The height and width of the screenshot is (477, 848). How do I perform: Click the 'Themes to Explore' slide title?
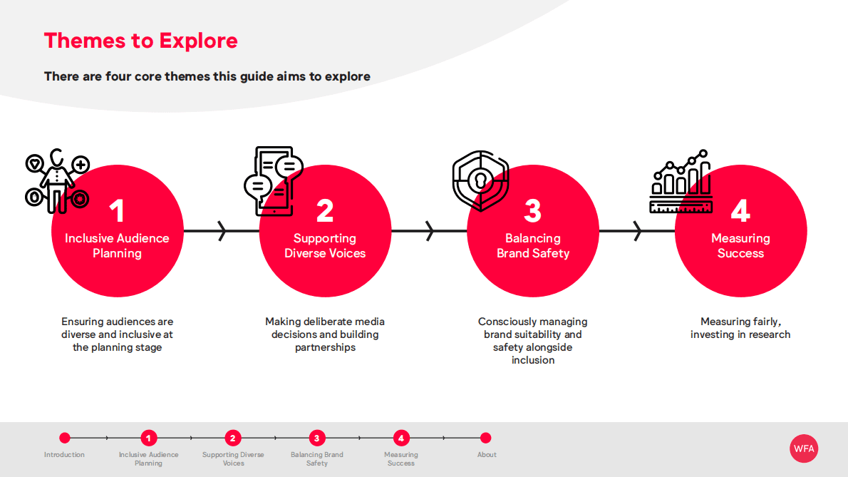pyautogui.click(x=140, y=41)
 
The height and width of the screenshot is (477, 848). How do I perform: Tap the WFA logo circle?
pyautogui.click(x=804, y=448)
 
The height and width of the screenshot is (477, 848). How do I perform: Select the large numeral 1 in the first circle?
pyautogui.click(x=117, y=211)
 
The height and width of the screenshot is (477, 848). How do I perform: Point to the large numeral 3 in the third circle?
pyautogui.click(x=533, y=211)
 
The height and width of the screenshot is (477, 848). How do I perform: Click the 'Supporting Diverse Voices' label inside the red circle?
pyautogui.click(x=325, y=245)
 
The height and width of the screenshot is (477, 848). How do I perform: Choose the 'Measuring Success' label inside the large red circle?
pyautogui.click(x=740, y=245)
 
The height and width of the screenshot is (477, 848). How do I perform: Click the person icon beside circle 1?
pyautogui.click(x=57, y=180)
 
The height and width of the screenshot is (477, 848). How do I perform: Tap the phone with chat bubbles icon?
pyautogui.click(x=274, y=181)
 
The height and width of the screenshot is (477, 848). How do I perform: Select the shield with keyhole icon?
pyautogui.click(x=481, y=180)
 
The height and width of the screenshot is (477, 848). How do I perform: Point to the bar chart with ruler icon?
pyautogui.click(x=681, y=181)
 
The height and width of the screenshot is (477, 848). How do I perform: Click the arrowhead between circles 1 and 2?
pyautogui.click(x=222, y=231)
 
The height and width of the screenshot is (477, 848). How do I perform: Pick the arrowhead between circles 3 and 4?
pyautogui.click(x=637, y=231)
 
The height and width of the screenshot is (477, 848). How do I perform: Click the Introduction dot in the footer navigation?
pyautogui.click(x=65, y=438)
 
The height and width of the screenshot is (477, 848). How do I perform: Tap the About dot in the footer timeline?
pyautogui.click(x=486, y=438)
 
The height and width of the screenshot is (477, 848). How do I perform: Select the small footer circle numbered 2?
pyautogui.click(x=232, y=438)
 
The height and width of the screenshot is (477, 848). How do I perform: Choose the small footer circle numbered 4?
pyautogui.click(x=400, y=438)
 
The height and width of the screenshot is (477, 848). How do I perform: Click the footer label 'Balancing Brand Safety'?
pyautogui.click(x=317, y=458)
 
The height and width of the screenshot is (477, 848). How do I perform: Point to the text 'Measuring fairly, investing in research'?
pyautogui.click(x=740, y=328)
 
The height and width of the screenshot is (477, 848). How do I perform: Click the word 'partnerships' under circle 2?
pyautogui.click(x=325, y=347)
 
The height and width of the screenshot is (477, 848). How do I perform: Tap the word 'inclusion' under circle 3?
pyautogui.click(x=533, y=360)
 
